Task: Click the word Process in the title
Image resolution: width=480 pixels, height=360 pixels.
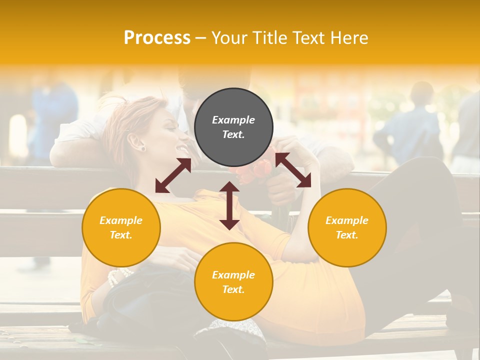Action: (x=157, y=38)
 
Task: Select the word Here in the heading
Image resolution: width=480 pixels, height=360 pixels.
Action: (x=348, y=38)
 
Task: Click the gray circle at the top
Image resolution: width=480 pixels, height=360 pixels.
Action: (x=233, y=127)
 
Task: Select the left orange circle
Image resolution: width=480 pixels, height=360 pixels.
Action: (x=121, y=227)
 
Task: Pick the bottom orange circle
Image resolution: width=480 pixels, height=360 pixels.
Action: (x=233, y=282)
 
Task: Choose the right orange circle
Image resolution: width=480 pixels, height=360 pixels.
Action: (x=347, y=227)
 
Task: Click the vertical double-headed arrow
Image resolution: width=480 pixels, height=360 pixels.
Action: (x=229, y=206)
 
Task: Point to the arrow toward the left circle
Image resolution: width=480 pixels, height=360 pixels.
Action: (x=173, y=175)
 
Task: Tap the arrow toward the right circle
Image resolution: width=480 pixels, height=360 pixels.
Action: (x=293, y=170)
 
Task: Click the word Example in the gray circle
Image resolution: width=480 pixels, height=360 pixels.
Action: (x=233, y=120)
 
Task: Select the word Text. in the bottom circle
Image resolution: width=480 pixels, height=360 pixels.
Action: (x=233, y=289)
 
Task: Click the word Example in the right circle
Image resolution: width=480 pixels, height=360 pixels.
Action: (x=347, y=220)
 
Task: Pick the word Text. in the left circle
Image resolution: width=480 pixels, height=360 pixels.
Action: (x=121, y=235)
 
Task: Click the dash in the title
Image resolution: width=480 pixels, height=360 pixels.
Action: (x=201, y=38)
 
